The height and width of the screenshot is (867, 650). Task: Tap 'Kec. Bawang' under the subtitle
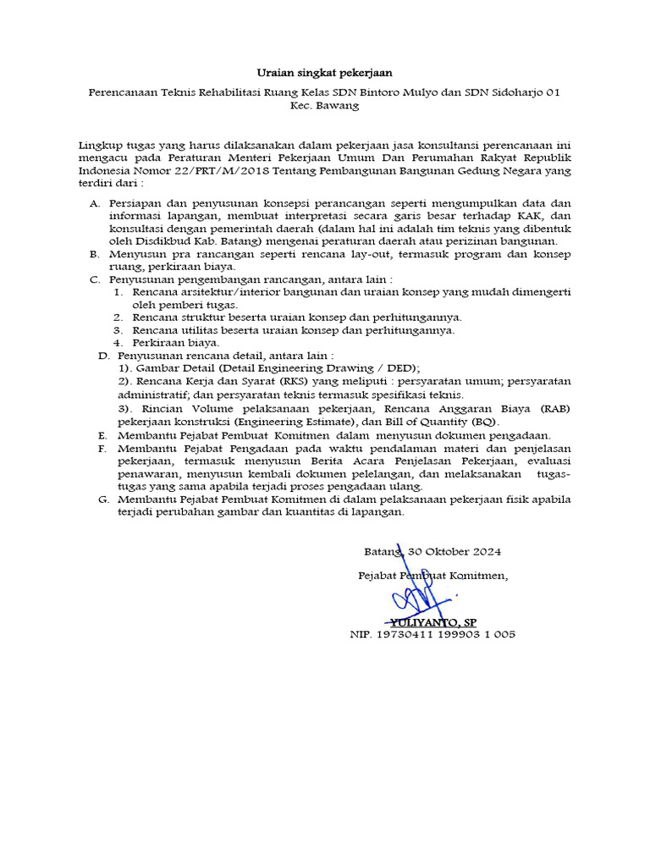click(x=324, y=106)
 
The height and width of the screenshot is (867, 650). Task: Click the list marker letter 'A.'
click(x=94, y=204)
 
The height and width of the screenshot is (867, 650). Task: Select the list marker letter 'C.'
click(x=94, y=279)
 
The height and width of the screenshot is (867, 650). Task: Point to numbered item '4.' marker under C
click(x=119, y=343)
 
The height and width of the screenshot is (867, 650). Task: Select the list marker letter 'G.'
click(x=103, y=500)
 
